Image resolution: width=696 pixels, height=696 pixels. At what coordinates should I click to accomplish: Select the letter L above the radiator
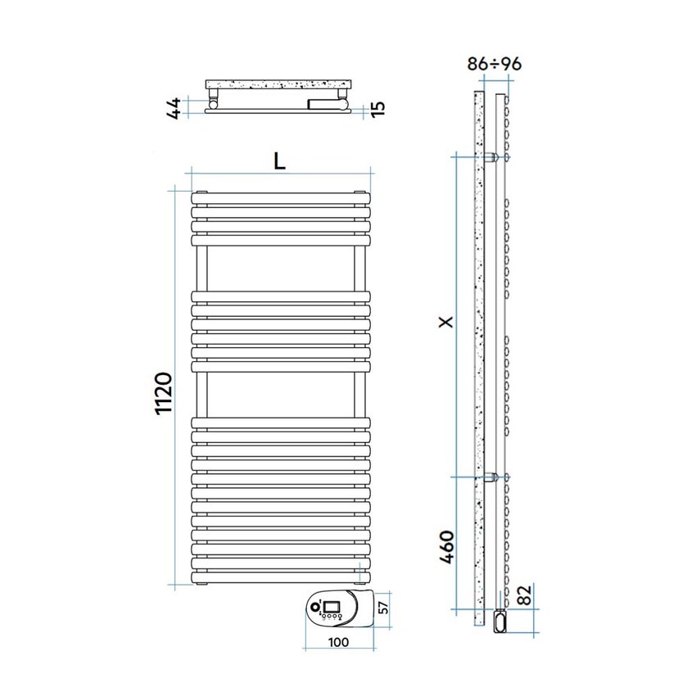tap(279, 161)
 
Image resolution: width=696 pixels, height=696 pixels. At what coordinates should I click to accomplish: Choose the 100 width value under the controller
tap(337, 642)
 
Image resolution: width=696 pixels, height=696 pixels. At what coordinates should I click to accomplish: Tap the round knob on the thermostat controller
tap(314, 608)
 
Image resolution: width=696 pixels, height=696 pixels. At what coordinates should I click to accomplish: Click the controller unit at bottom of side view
tap(500, 621)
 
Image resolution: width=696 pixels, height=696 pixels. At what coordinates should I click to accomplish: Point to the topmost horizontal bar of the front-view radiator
tap(280, 198)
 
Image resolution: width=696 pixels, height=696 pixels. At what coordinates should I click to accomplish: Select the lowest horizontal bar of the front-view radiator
tap(280, 576)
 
